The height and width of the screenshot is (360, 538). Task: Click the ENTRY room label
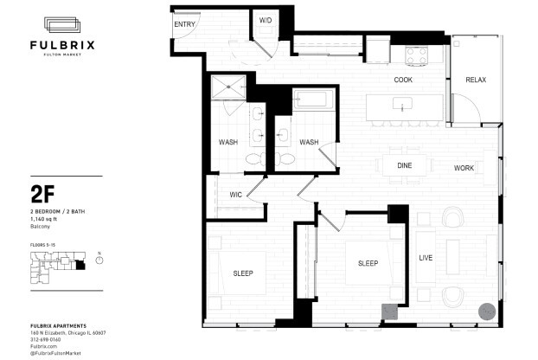coord(184,24)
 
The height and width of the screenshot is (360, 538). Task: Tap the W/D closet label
coord(266,20)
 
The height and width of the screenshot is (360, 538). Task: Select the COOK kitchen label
coord(403,80)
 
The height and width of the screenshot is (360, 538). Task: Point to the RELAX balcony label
coord(476,80)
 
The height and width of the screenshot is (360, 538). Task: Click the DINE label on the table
coord(404,165)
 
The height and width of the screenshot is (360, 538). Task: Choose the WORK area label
coord(464,168)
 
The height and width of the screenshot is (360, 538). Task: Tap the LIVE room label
coord(426,258)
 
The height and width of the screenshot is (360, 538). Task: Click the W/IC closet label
coord(235,195)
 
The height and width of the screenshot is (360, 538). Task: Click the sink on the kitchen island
coord(403,106)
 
